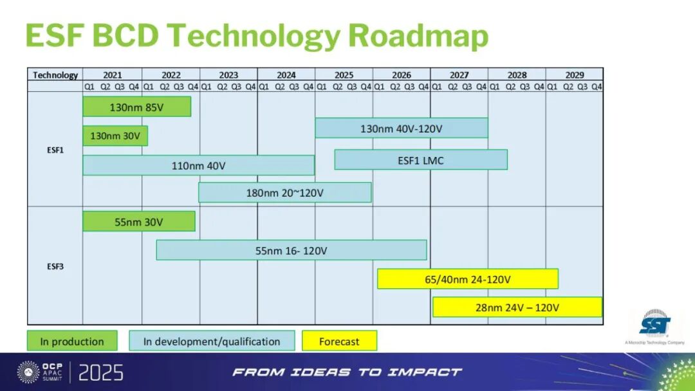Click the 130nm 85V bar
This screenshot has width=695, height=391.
pos(137,107)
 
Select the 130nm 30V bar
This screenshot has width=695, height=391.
pos(115,136)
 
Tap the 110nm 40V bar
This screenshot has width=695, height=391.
pos(199,165)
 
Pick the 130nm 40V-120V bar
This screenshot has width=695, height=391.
pos(402,128)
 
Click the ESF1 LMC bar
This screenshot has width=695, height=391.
pos(421,160)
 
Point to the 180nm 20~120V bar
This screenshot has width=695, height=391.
pos(285,193)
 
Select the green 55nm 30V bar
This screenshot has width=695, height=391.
pos(139,221)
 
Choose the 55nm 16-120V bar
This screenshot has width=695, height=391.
pos(292,250)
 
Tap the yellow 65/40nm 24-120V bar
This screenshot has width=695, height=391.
pos(468,279)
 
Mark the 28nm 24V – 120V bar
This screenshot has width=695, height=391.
pos(517,307)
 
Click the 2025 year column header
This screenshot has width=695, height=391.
pos(344,75)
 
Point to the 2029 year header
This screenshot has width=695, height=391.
pos(575,75)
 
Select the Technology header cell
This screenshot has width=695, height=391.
pos(55,75)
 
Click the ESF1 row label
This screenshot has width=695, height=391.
pos(55,150)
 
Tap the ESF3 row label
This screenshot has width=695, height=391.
pos(55,267)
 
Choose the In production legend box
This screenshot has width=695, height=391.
pos(72,341)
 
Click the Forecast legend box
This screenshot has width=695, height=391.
pos(340,341)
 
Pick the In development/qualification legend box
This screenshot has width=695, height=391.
pos(212,341)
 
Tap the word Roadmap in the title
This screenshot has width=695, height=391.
pos(418,36)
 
